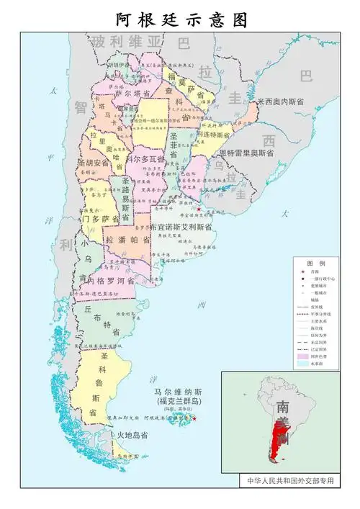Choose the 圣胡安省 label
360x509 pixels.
point(94,163)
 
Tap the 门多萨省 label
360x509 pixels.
point(100,218)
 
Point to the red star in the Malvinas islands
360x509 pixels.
point(194,418)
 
